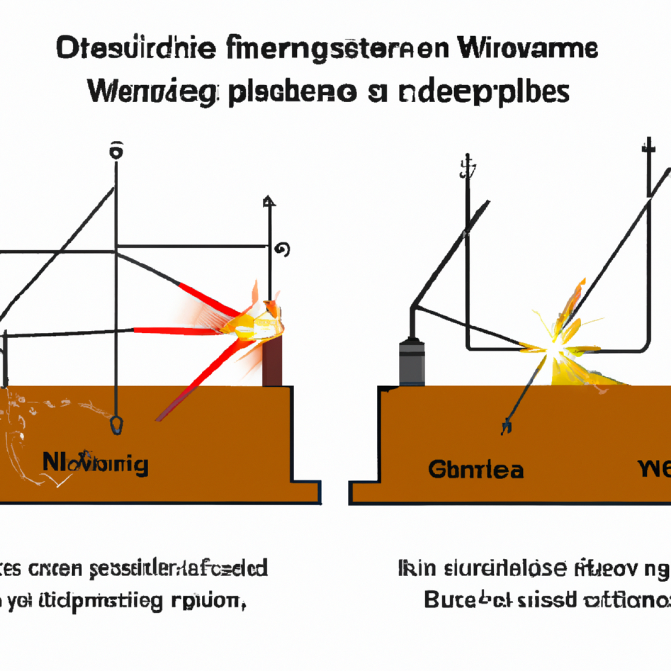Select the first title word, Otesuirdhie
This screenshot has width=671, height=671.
(136, 49)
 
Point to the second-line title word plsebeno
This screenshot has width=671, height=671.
(292, 93)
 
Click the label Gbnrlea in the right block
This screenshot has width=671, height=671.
(476, 470)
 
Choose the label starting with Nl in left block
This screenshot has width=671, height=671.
(95, 464)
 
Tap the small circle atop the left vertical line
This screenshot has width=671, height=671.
(117, 152)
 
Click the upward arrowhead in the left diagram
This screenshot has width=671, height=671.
(269, 201)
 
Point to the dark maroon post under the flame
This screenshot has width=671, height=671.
(273, 364)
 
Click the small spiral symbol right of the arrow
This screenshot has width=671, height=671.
(282, 249)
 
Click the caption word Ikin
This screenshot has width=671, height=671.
(417, 568)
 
